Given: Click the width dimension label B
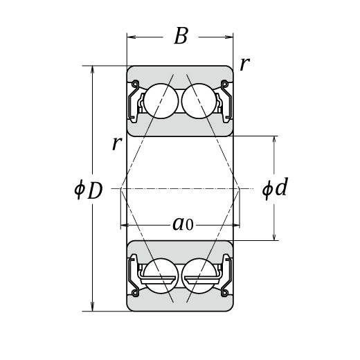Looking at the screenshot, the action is pyautogui.click(x=181, y=36).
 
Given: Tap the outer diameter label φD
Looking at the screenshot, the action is pyautogui.click(x=89, y=190).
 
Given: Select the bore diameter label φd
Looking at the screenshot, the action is pyautogui.click(x=275, y=188).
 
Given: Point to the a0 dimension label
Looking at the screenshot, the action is pyautogui.click(x=183, y=224).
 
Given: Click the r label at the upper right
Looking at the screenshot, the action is pyautogui.click(x=244, y=64).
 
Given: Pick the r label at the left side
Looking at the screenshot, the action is pyautogui.click(x=117, y=143).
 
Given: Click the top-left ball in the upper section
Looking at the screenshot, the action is pyautogui.click(x=161, y=101).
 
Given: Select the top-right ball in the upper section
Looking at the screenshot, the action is pyautogui.click(x=199, y=101).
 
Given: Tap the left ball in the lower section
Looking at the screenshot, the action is pyautogui.click(x=161, y=276).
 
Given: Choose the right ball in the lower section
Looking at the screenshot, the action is pyautogui.click(x=199, y=276).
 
